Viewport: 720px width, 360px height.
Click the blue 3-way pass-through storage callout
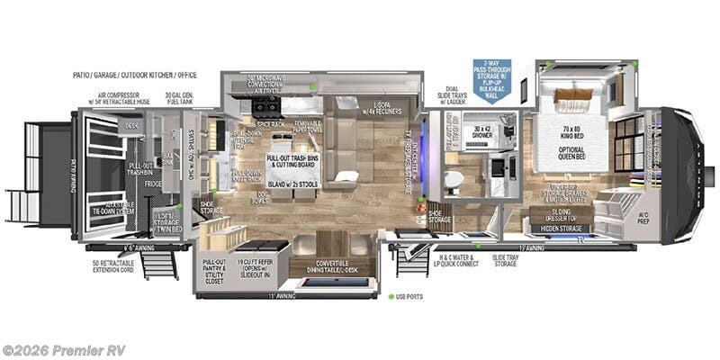491,81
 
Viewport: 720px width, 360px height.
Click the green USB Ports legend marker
391,297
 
